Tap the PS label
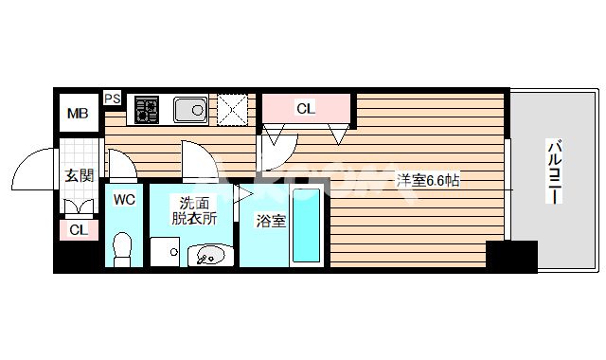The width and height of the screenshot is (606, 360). pos(112,98)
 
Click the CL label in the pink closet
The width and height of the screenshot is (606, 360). pos(305,108)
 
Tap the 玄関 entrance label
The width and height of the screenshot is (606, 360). pos(79,174)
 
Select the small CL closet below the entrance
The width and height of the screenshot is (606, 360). pos(78,229)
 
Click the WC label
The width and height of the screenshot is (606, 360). pos(125,199)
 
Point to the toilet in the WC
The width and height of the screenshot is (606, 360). pos(122,249)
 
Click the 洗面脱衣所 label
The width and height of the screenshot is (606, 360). pos(194,209)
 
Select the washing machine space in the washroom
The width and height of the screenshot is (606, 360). pos(166,252)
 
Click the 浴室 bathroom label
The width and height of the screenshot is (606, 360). pos(272,221)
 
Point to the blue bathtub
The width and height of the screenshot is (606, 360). pos(306,226)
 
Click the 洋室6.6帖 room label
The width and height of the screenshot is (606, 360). pos(428,179)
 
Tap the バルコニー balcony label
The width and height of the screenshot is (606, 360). pos(555,176)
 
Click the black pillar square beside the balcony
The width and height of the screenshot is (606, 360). pos(511,256)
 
